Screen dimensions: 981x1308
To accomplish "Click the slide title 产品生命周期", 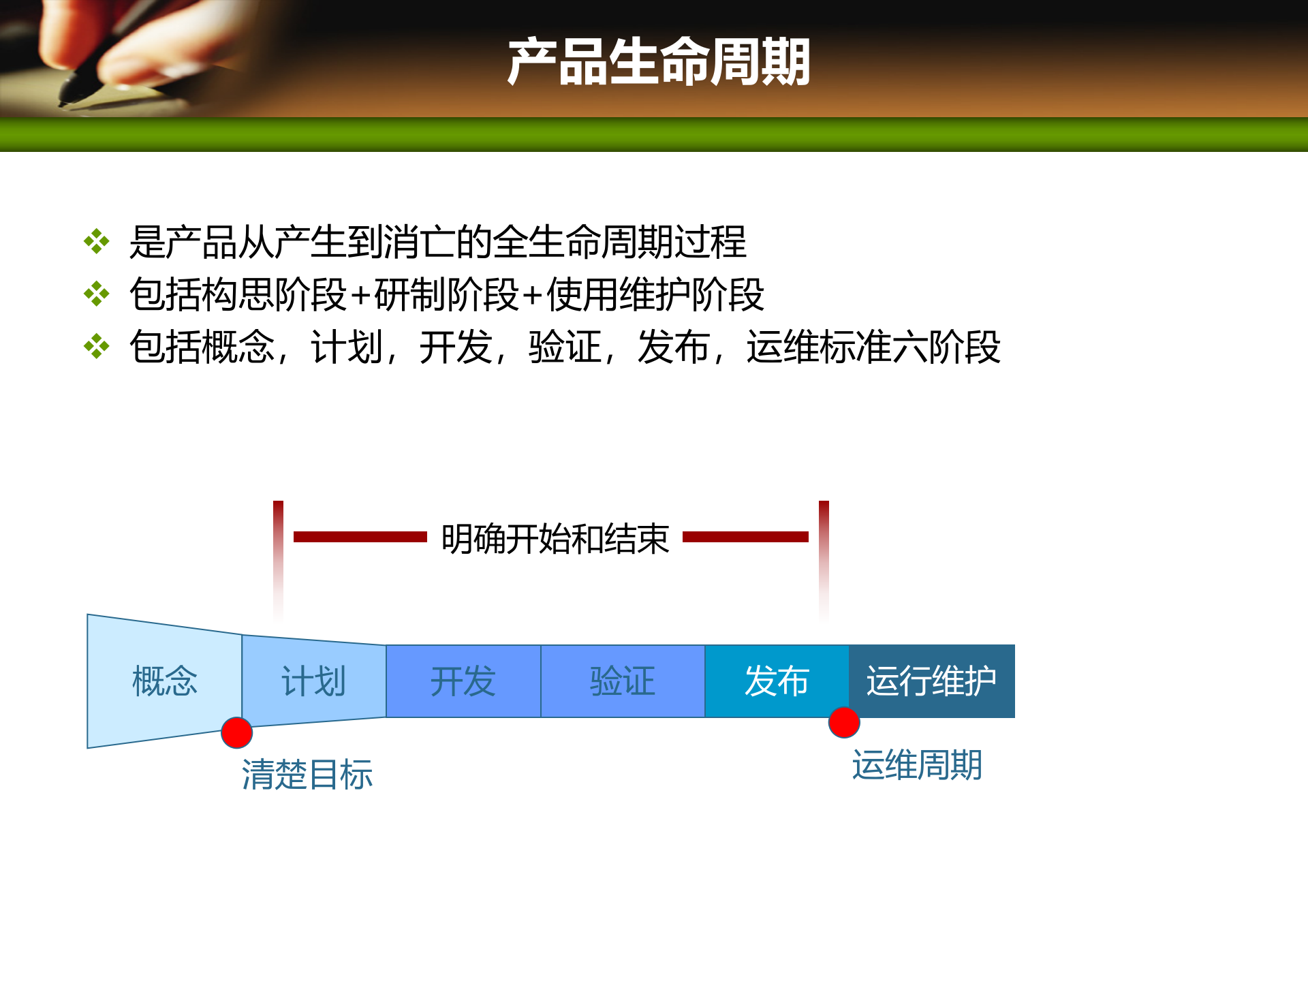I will pos(658,62).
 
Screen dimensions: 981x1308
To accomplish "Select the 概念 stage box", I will pos(164,681).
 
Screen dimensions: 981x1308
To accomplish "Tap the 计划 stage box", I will pos(313,681).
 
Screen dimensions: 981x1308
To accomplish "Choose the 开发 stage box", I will pos(463,681).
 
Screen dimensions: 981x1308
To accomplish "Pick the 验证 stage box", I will pos(623,681).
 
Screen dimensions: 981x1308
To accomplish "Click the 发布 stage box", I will pos(777,681).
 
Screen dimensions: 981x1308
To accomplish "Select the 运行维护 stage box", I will pos(931,681).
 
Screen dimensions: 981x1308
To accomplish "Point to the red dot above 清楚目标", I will pos(237,733).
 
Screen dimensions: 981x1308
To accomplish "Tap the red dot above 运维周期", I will pos(844,723).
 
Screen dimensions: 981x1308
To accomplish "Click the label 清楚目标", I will pos(307,775).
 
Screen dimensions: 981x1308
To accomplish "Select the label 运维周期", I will pos(917,765).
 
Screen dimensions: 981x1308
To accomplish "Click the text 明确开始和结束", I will pos(555,539).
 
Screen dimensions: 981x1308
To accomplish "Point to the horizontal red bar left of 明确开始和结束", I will pos(360,537).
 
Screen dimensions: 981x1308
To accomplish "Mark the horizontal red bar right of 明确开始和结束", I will pos(745,537).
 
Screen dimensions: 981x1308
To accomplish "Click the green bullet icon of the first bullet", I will pos(97,242).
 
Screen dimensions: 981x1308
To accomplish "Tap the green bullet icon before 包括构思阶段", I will pos(97,294).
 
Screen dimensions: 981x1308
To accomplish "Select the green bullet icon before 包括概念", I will pos(97,347).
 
